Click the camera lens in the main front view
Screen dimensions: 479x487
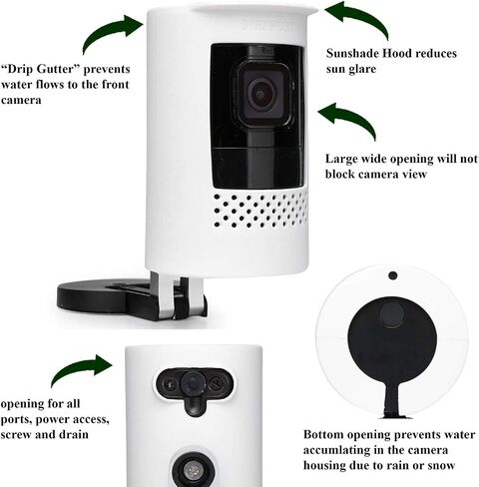click(260, 94)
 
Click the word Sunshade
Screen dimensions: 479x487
click(352, 53)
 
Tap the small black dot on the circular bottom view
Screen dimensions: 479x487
click(393, 275)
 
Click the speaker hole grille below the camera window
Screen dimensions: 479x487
click(260, 210)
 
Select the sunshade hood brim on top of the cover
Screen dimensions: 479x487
click(255, 10)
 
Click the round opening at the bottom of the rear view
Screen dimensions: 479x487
click(193, 469)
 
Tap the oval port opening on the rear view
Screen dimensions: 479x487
click(195, 384)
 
